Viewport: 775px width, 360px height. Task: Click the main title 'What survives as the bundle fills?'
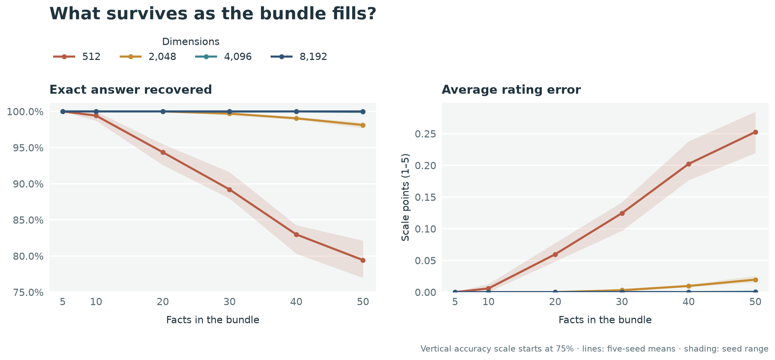(x=213, y=14)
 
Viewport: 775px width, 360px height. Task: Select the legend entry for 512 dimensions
(x=77, y=57)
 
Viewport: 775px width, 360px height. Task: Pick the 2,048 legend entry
(x=148, y=57)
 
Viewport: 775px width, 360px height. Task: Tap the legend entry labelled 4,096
(x=224, y=57)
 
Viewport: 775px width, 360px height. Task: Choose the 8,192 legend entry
(x=299, y=57)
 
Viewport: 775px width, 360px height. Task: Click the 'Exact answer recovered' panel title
(x=131, y=90)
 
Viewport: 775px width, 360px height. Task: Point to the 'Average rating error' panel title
(x=511, y=90)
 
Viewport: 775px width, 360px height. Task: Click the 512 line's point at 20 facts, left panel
(x=163, y=152)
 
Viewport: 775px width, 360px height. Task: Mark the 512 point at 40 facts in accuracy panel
(x=296, y=235)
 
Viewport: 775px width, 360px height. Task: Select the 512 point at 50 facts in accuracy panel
(x=363, y=260)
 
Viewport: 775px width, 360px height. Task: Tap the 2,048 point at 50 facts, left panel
(x=363, y=125)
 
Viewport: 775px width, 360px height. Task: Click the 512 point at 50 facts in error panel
(x=755, y=132)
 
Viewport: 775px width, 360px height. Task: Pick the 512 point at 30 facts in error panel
(x=622, y=213)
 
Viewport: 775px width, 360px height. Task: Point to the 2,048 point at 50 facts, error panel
(x=755, y=280)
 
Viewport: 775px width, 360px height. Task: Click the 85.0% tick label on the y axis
(x=28, y=220)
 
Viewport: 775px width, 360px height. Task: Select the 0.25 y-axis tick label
(x=425, y=134)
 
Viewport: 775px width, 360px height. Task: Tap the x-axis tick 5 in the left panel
(x=63, y=302)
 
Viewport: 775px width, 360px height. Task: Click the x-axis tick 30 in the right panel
(x=622, y=302)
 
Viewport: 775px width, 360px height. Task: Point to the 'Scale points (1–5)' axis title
(x=405, y=197)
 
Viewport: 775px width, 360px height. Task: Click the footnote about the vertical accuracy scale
(x=594, y=349)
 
